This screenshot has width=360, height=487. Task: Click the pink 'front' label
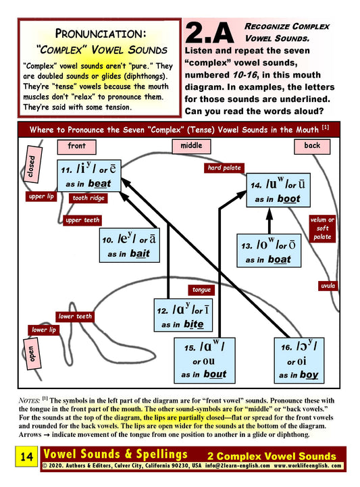pyautogui.click(x=76, y=147)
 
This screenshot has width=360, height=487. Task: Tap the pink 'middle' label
pyautogui.click(x=191, y=146)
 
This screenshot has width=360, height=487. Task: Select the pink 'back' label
pyautogui.click(x=312, y=147)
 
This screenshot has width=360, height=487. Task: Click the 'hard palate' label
pyautogui.click(x=224, y=168)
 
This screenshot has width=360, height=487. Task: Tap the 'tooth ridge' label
pyautogui.click(x=88, y=198)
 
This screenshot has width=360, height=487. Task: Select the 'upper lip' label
pyautogui.click(x=41, y=197)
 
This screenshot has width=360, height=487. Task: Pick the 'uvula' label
pyautogui.click(x=328, y=286)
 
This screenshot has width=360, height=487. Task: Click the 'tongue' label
pyautogui.click(x=201, y=290)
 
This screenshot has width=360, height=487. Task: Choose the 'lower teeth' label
pyautogui.click(x=75, y=317)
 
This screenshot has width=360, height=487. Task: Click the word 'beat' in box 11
pyautogui.click(x=99, y=184)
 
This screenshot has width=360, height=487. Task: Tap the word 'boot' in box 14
pyautogui.click(x=288, y=199)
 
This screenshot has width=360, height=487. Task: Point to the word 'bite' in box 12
pyautogui.click(x=194, y=325)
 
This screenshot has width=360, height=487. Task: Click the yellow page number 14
pyautogui.click(x=27, y=456)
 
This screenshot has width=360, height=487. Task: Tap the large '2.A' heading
pyautogui.click(x=209, y=33)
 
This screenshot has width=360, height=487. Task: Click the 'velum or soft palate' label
pyautogui.click(x=322, y=228)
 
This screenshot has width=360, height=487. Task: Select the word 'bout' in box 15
pyautogui.click(x=215, y=374)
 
